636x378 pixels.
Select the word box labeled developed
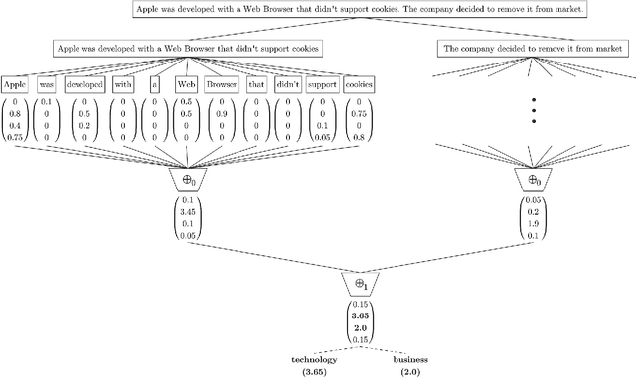tap(83, 85)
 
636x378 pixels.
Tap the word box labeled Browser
tap(222, 85)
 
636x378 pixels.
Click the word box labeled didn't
tap(287, 85)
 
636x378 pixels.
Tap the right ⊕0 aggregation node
tap(535, 180)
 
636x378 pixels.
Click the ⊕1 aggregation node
tap(361, 283)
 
